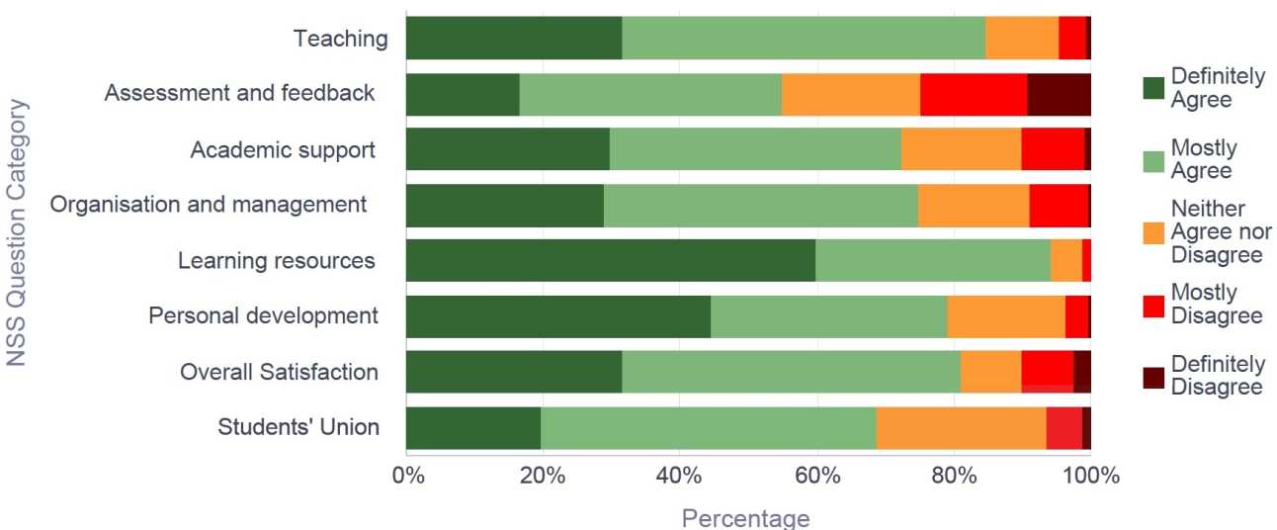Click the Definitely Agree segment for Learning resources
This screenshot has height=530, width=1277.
click(x=610, y=261)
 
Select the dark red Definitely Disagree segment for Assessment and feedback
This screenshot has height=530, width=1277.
click(x=1059, y=94)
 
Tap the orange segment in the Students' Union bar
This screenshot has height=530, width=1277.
click(x=961, y=428)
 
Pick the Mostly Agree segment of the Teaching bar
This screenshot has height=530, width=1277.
click(x=804, y=39)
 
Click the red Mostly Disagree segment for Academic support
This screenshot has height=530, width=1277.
click(x=1053, y=149)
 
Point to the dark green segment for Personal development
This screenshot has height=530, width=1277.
click(x=557, y=316)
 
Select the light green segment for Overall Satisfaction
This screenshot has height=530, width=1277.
click(x=791, y=372)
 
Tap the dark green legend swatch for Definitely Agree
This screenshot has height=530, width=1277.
click(x=1153, y=88)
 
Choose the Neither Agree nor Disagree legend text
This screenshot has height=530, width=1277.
click(x=1221, y=232)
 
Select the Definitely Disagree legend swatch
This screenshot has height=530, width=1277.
click(x=1153, y=377)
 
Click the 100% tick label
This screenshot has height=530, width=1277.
click(x=1090, y=477)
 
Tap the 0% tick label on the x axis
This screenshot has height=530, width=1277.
click(x=407, y=477)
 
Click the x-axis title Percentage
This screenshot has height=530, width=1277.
click(x=745, y=517)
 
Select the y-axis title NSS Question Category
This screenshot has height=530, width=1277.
click(x=17, y=232)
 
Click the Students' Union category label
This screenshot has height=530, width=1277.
click(x=298, y=427)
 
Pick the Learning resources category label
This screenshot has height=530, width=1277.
click(x=276, y=261)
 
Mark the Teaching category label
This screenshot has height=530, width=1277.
click(x=340, y=39)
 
